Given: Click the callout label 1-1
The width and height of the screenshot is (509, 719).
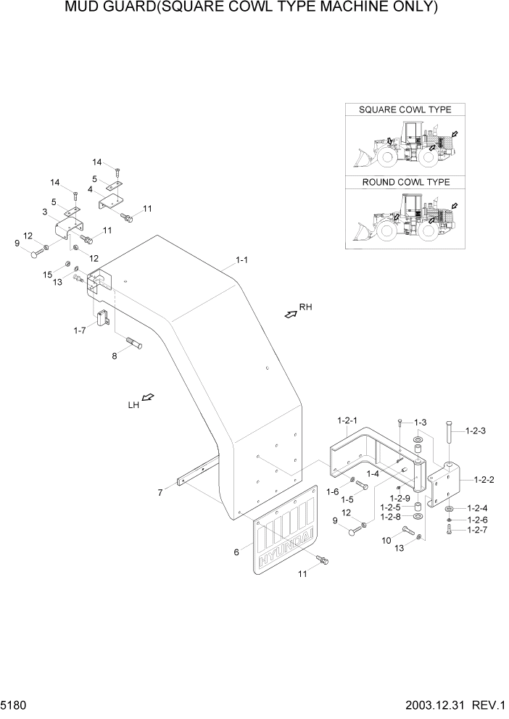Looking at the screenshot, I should click(x=241, y=259).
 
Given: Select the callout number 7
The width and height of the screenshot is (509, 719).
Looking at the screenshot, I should click(x=160, y=494).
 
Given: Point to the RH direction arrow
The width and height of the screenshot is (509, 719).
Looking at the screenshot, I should click(x=290, y=313).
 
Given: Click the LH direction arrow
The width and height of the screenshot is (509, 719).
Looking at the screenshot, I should click(x=147, y=398).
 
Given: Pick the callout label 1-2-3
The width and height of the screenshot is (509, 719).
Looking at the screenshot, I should click(x=476, y=431).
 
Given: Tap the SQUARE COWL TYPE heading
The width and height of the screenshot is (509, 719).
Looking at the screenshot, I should click(x=405, y=109).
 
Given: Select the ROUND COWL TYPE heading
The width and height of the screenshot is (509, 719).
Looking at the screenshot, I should click(x=405, y=182).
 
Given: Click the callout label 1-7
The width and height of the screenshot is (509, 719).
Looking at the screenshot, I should click(x=79, y=331).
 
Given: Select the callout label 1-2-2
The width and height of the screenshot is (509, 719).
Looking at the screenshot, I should click(x=484, y=479).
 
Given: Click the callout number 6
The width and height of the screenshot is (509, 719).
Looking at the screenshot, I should click(x=236, y=552).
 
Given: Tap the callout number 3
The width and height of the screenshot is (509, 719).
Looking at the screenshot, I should click(x=45, y=212).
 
